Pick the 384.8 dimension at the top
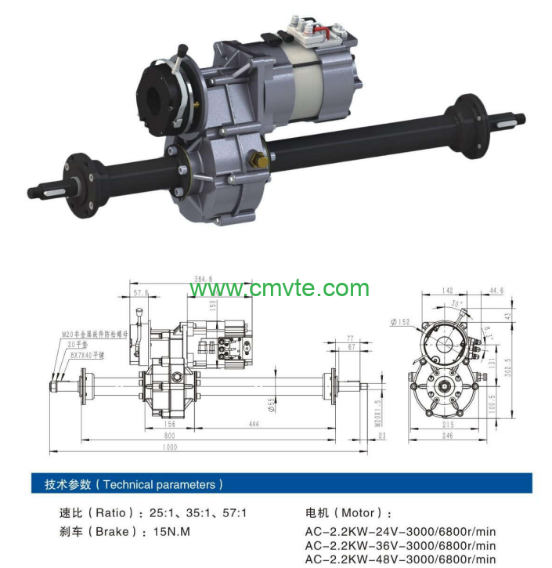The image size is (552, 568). pyautogui.click(x=203, y=278)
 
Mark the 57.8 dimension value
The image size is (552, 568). pyautogui.click(x=141, y=293)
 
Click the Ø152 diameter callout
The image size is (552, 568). pyautogui.click(x=399, y=321)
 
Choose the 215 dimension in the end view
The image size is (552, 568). pyautogui.click(x=448, y=424)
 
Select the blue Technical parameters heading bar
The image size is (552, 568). pyautogui.click(x=282, y=484)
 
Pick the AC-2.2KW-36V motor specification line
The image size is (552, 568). pyautogui.click(x=400, y=545)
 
